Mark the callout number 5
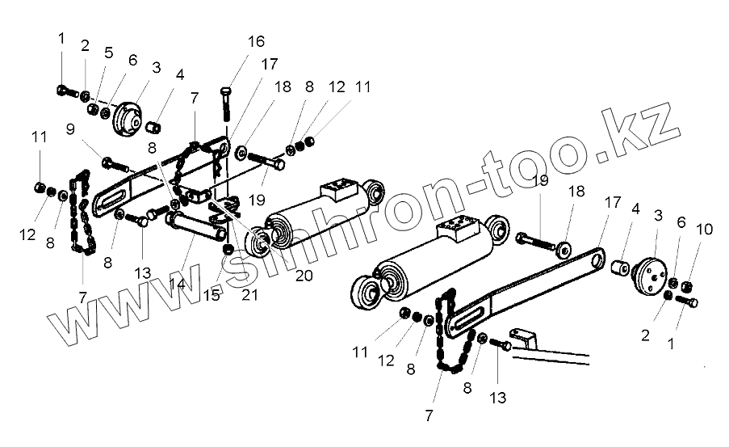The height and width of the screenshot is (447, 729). coord(108,54)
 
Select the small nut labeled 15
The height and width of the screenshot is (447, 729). coord(228,247)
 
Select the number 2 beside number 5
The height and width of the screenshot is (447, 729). coord(86,46)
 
